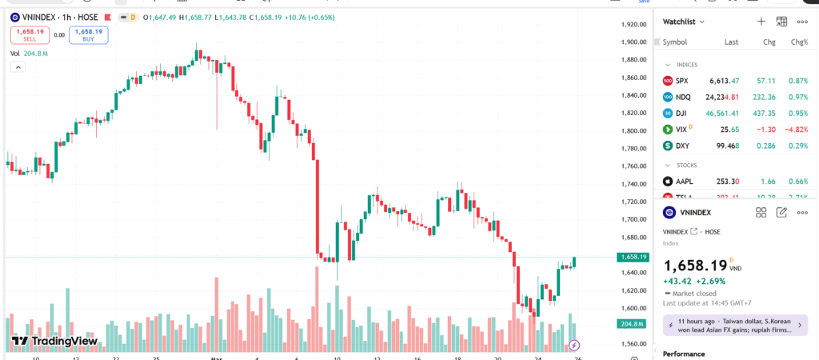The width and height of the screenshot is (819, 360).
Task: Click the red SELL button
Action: pos(30,34)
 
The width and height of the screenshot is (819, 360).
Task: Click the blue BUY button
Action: pos(88,34)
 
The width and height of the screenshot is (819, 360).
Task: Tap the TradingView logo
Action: pos(54,341)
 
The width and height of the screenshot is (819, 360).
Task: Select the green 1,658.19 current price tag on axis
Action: pos(633,257)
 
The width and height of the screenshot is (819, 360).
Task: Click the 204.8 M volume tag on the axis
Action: pos(632,323)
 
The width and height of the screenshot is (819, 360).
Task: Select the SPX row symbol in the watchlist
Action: pos(681,81)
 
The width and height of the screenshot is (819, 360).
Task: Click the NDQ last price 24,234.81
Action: pos(721,97)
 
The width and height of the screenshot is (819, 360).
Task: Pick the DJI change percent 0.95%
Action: pos(799,113)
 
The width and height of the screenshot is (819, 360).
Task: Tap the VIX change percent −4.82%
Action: pos(797,129)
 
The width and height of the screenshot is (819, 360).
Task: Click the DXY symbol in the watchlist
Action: pos(681,146)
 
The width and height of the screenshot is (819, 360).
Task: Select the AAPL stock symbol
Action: pos(684,182)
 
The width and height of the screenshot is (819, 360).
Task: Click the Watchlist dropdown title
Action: pos(684,22)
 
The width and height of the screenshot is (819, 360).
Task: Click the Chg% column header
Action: pos(799,42)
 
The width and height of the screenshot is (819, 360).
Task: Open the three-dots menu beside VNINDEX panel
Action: pos(801,212)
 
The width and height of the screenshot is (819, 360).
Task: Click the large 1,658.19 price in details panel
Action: pos(695,265)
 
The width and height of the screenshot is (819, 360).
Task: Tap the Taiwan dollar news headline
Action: pos(733,325)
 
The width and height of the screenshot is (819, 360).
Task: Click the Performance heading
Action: pos(683,354)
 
